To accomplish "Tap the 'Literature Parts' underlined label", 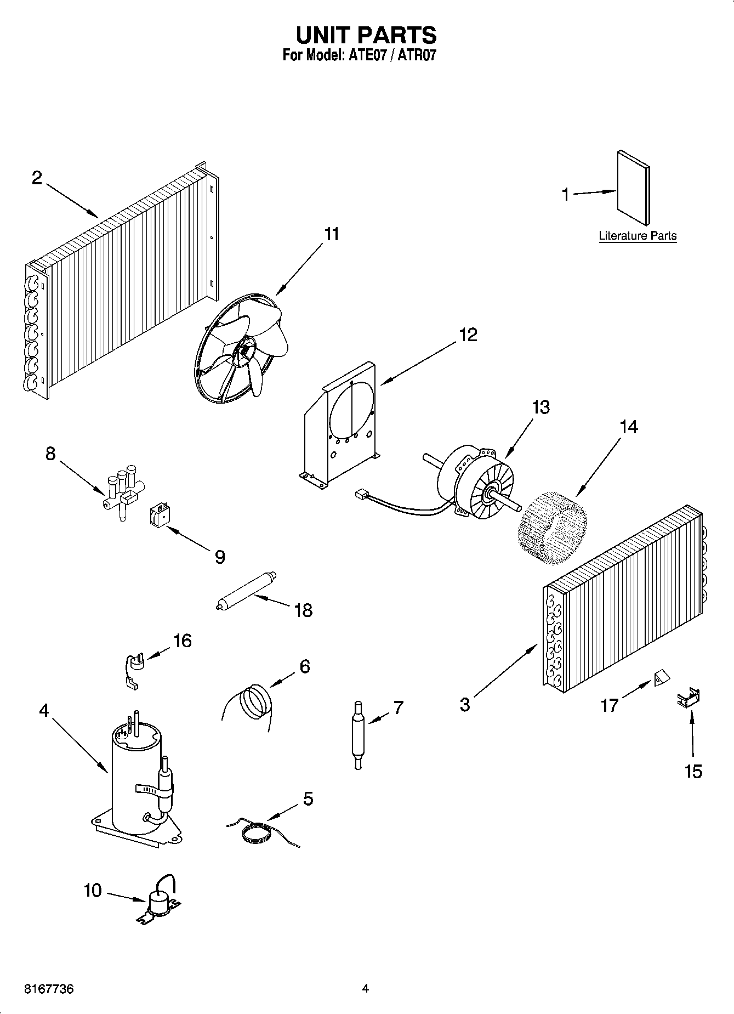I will click(x=638, y=236).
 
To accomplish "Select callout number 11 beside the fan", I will click(x=332, y=234).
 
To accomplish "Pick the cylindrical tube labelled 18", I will click(x=246, y=591).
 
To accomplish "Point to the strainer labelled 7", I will click(x=358, y=735).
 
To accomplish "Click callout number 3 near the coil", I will click(x=465, y=704).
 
